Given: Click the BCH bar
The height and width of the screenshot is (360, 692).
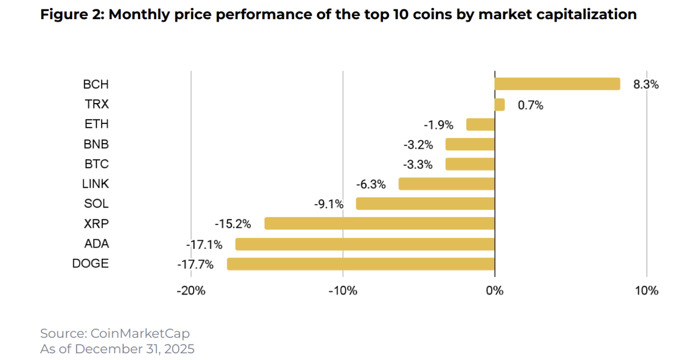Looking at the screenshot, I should pos(557,84).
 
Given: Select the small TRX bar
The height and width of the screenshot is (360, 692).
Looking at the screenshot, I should pos(500,105).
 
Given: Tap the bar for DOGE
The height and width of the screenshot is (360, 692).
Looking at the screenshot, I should pos(361,264).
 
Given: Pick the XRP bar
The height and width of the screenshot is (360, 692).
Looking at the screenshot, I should pos(379,223).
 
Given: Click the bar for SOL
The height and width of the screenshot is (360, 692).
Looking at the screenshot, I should pos(426,203).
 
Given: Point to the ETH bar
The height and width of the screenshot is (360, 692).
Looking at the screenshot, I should pos(480,125).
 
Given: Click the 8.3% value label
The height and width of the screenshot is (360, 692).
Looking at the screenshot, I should pos(646,85).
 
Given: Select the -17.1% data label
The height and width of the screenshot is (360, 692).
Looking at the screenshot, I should pos(200,244).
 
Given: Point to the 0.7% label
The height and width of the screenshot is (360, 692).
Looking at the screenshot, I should pos(530,105).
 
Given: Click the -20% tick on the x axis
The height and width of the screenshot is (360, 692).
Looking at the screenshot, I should pos(191,290).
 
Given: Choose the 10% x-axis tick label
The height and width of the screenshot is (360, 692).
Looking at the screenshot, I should pos(646,290).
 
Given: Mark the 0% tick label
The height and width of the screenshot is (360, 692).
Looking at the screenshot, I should pos(495,290).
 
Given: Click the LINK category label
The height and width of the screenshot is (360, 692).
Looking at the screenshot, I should pos(95,184).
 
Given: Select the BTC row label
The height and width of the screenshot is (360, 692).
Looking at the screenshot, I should pos(96,164).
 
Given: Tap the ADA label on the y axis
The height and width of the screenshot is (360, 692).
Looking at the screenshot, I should pos(96,243).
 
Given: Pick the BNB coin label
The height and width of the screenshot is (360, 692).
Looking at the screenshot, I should pos(96,144).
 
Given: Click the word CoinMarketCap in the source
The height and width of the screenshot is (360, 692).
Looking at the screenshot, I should pos(140,333).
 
